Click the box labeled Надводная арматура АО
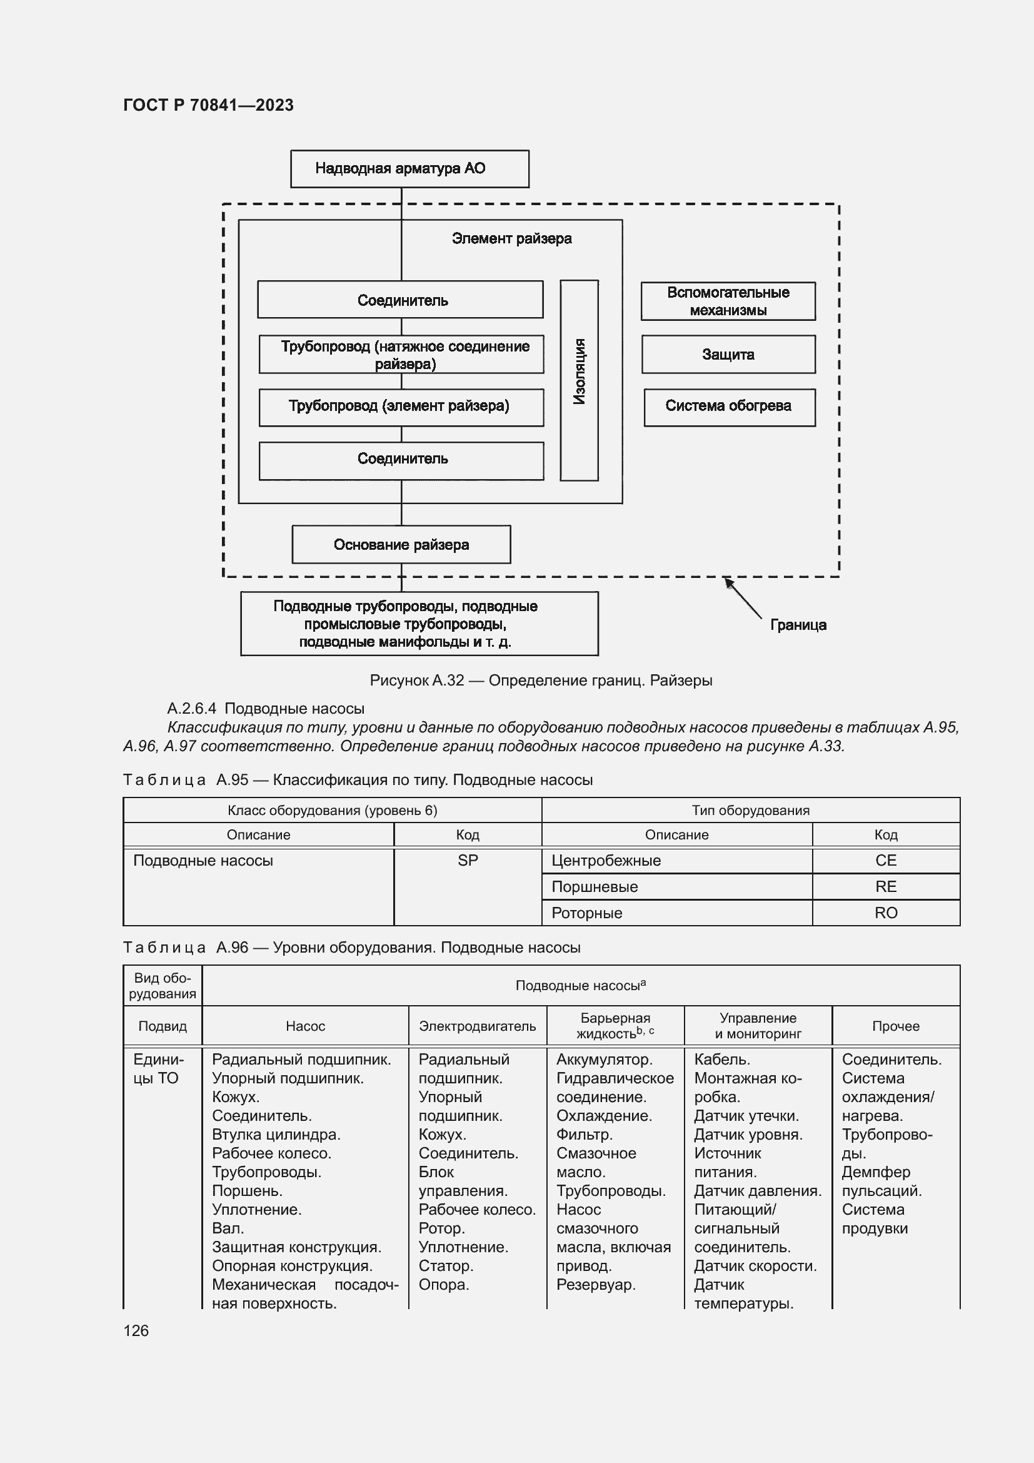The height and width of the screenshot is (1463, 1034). click(409, 169)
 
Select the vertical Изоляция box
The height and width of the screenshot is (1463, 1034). click(579, 380)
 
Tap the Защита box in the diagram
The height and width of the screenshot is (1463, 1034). click(728, 354)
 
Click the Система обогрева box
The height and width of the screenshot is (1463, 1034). click(729, 407)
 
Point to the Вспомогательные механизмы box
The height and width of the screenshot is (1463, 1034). click(728, 301)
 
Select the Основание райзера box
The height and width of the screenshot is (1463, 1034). click(401, 545)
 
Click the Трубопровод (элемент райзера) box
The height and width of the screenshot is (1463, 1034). click(401, 407)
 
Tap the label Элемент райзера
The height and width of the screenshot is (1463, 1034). click(511, 239)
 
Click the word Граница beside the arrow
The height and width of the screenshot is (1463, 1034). click(798, 625)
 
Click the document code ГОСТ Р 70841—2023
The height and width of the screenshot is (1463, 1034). click(208, 105)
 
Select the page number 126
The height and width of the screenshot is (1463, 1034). click(136, 1330)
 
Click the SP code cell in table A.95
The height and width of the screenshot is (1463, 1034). click(468, 861)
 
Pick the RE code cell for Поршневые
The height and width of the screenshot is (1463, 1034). click(886, 887)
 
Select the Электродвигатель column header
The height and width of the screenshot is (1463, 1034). click(477, 1026)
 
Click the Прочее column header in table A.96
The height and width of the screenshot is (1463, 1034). click(895, 1026)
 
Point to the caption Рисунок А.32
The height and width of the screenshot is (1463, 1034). click(541, 681)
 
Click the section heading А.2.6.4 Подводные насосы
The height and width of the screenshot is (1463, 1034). click(266, 709)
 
